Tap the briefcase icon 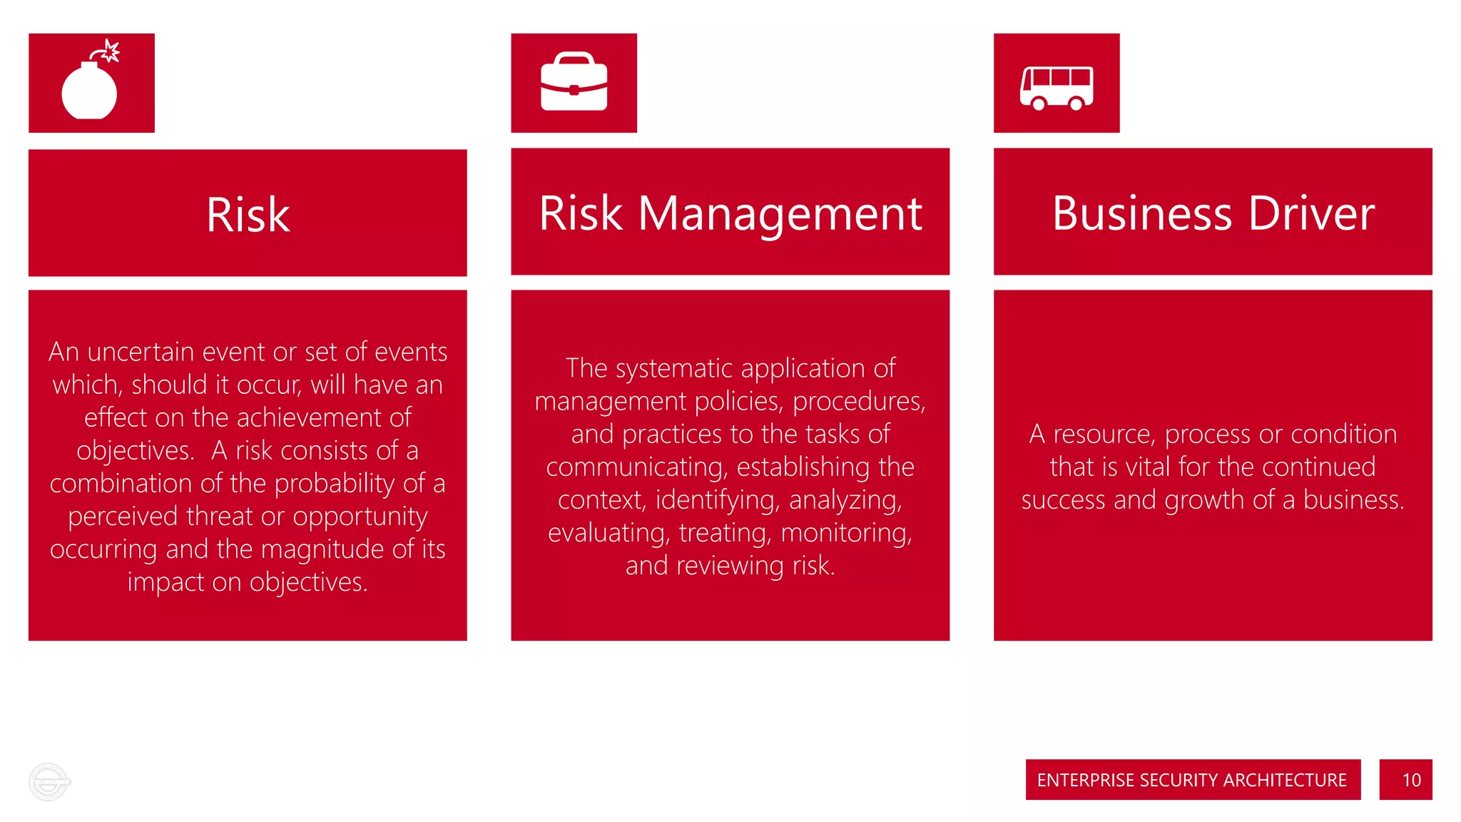point(574,83)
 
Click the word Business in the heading point(1142,213)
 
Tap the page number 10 point(1411,780)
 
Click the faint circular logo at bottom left point(49,782)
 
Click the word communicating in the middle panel point(636,467)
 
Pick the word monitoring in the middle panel point(846,533)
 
